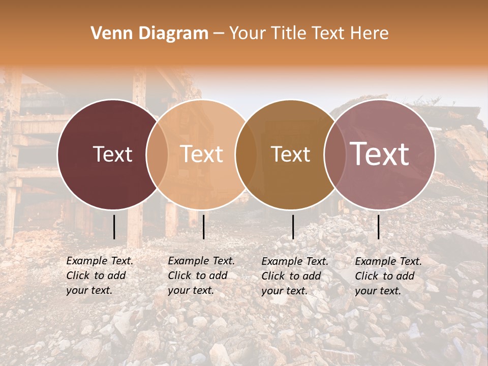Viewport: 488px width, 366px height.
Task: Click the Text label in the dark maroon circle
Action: click(112, 154)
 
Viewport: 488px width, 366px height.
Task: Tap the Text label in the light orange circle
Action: click(201, 154)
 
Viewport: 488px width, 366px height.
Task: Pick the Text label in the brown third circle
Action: click(290, 154)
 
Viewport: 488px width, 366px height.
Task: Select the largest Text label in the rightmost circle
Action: click(380, 154)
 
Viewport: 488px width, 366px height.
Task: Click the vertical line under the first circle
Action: click(114, 227)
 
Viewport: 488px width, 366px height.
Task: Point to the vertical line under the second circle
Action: click(203, 227)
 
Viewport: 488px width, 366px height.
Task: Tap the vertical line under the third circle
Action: click(293, 227)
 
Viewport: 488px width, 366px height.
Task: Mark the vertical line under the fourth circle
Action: click(379, 227)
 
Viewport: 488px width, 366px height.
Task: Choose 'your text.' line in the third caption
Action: click(284, 291)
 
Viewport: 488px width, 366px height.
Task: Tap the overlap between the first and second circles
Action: click(157, 154)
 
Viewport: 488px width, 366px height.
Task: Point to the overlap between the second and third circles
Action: click(246, 154)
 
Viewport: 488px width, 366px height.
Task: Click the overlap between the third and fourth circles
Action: click(334, 154)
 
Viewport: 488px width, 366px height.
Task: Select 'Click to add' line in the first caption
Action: click(96, 276)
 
